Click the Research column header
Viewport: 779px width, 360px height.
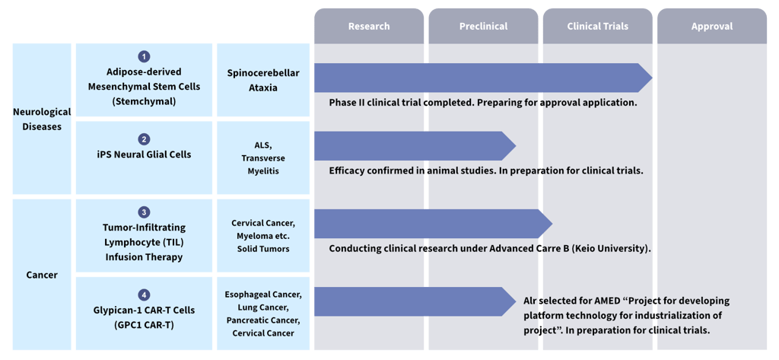(368, 26)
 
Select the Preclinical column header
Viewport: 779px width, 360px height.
(483, 26)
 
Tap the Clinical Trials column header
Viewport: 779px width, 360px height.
(597, 26)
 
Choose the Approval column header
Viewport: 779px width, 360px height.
(712, 26)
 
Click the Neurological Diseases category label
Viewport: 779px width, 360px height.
(42, 119)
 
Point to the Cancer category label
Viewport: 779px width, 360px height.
(42, 275)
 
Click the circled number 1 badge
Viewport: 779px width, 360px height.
(144, 56)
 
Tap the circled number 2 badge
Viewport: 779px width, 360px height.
(144, 139)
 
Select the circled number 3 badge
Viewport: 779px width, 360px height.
(144, 212)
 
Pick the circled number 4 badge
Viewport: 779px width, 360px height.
(144, 295)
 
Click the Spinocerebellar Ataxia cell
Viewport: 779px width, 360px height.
(263, 80)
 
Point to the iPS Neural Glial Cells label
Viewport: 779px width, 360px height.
(144, 155)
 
